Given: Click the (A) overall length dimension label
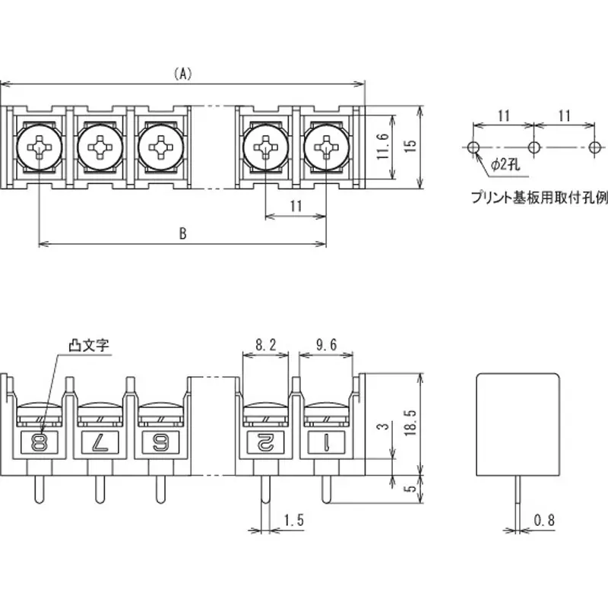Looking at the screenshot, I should (x=182, y=74).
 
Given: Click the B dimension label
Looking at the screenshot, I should (x=182, y=234).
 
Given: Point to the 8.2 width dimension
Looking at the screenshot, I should (x=265, y=345).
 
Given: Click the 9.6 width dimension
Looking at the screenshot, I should (x=326, y=345).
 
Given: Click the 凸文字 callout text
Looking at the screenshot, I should (x=89, y=344).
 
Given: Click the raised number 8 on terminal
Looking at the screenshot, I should (x=36, y=441).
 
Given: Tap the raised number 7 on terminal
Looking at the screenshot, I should (x=98, y=441).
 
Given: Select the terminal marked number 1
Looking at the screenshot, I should (x=325, y=441).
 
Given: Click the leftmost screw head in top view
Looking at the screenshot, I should (x=38, y=144).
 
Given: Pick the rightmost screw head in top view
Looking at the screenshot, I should (x=326, y=144).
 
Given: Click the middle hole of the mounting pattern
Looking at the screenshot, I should (x=534, y=146).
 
